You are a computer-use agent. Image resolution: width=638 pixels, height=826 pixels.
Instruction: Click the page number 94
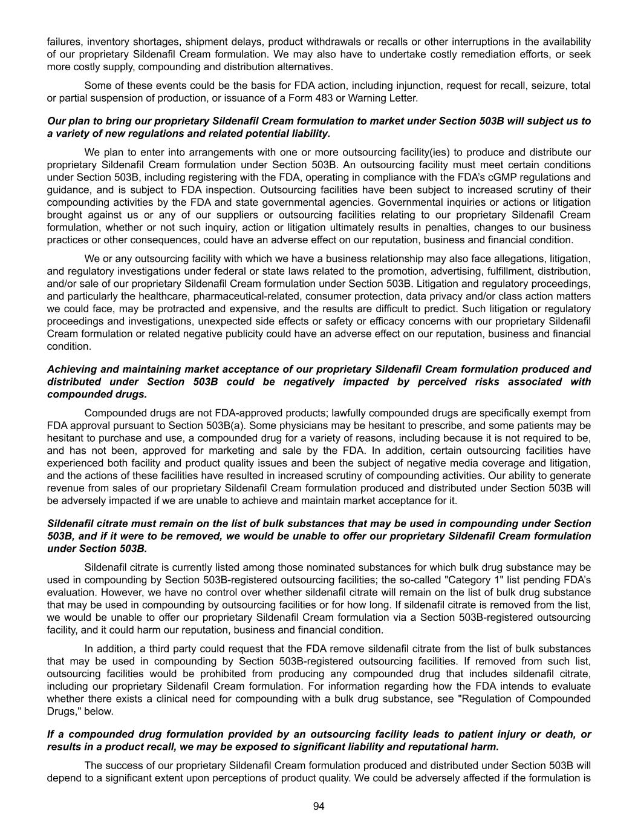(319, 806)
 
